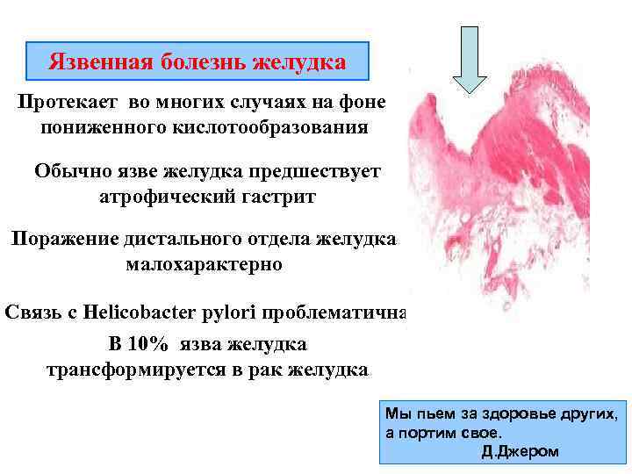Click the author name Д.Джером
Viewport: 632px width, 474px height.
(x=520, y=451)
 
